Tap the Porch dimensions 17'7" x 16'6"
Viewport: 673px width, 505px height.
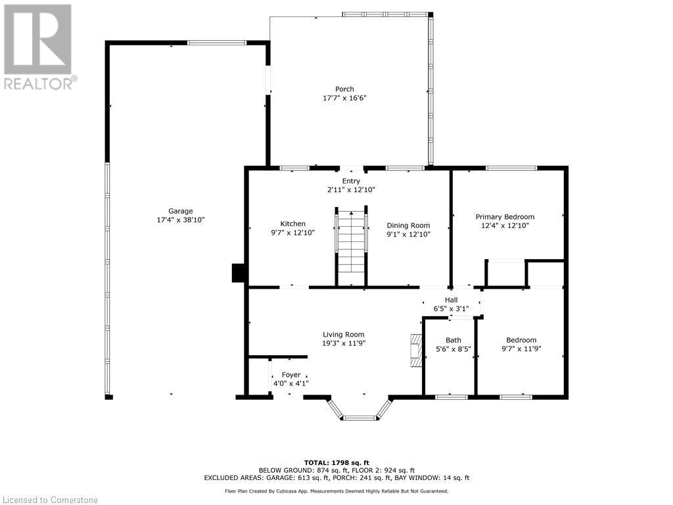tap(344, 98)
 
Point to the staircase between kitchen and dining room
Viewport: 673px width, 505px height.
tap(352, 247)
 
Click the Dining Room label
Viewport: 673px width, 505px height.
tap(408, 225)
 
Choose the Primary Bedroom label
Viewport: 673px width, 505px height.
tap(505, 216)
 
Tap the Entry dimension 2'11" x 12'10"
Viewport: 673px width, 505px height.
tap(351, 189)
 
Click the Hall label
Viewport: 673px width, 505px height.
tap(451, 299)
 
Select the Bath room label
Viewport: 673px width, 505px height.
tap(453, 340)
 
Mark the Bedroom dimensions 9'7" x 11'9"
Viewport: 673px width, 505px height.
tap(521, 349)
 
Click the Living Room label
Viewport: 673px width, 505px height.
tap(343, 334)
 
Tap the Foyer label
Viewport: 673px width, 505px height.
tap(291, 375)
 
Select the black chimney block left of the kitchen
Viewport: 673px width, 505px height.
tap(239, 273)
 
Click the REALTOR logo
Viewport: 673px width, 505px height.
tap(39, 46)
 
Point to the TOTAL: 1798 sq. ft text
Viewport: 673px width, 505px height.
tap(336, 462)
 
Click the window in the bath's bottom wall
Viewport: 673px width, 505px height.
tap(452, 397)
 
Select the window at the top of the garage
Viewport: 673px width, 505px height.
tap(217, 43)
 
